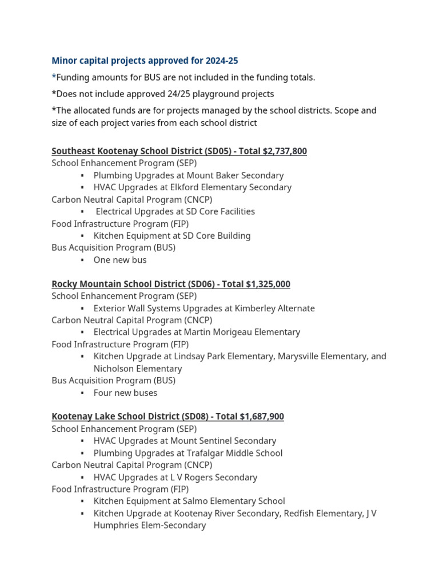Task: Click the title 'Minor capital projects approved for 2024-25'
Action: (x=145, y=61)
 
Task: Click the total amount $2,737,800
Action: (x=285, y=151)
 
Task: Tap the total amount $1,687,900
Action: (x=262, y=416)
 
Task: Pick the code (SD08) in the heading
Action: (x=190, y=416)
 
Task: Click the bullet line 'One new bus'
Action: (x=120, y=260)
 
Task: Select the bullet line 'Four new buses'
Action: (x=125, y=392)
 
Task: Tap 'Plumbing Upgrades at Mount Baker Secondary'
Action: (x=189, y=175)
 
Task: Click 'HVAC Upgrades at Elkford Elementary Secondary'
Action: (x=193, y=187)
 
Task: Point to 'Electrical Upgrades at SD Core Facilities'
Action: (x=175, y=211)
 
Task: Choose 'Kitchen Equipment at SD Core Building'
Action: (x=172, y=235)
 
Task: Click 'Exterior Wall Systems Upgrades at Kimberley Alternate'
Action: (x=204, y=308)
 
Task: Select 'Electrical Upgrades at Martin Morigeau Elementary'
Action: (x=197, y=332)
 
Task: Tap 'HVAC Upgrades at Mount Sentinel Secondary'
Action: (x=185, y=440)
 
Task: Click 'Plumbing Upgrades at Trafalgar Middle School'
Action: (x=188, y=453)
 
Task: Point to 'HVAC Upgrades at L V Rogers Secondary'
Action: (x=175, y=477)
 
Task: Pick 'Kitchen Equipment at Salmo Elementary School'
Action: (x=189, y=501)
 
